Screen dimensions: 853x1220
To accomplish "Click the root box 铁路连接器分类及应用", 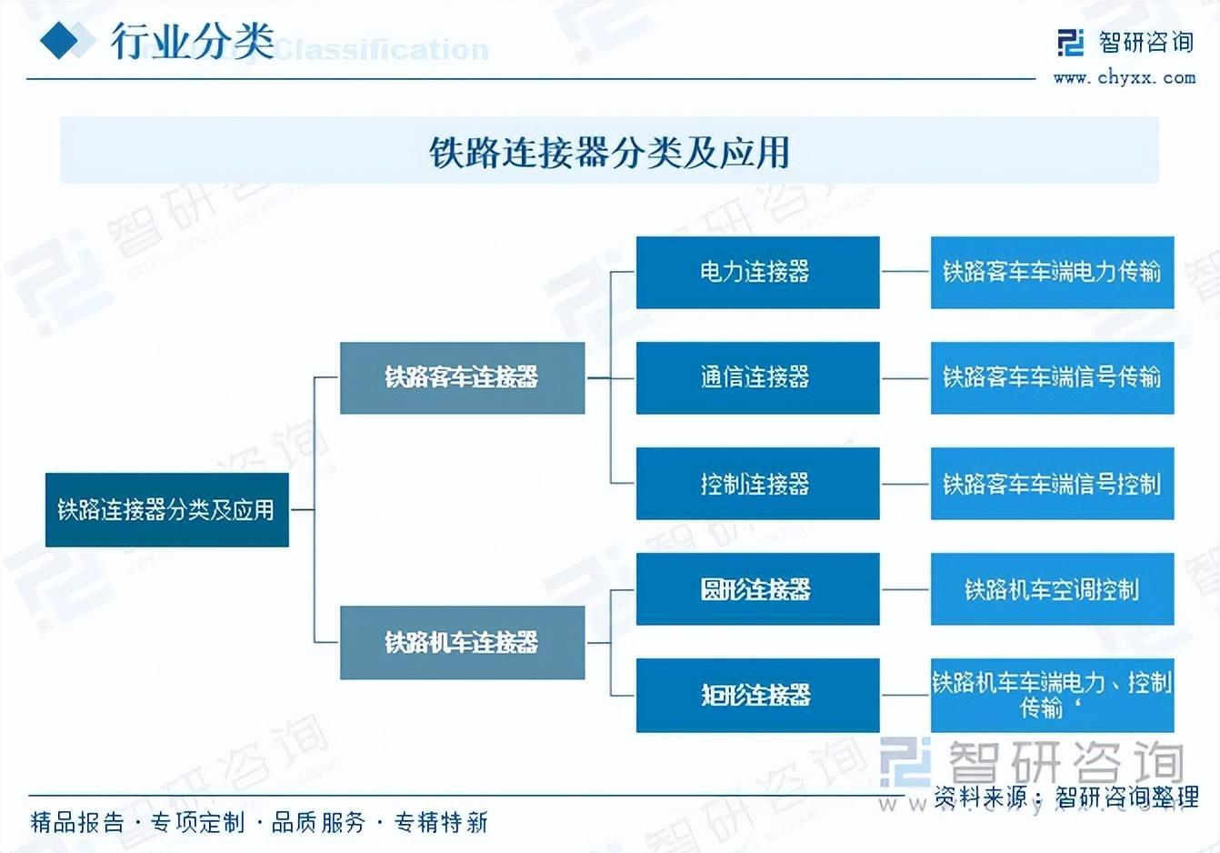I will pyautogui.click(x=166, y=509).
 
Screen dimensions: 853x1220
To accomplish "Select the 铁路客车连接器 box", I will pyautogui.click(x=462, y=377).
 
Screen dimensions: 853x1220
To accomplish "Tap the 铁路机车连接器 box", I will pyautogui.click(x=462, y=642).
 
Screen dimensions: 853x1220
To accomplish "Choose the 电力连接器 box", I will pyautogui.click(x=757, y=272).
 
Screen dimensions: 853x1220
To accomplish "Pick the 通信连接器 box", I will pyautogui.click(x=757, y=377).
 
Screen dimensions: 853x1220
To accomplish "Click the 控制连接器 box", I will pyautogui.click(x=757, y=483).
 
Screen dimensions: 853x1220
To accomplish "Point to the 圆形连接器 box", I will pyautogui.click(x=757, y=589).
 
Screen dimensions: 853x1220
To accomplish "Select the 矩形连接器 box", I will pyautogui.click(x=757, y=695).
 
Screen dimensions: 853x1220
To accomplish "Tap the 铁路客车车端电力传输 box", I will pyautogui.click(x=1052, y=272).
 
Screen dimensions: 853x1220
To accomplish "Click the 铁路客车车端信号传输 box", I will pyautogui.click(x=1052, y=377).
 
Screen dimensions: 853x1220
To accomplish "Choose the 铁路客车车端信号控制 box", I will pyautogui.click(x=1052, y=483).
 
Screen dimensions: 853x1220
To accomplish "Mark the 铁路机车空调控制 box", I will pyautogui.click(x=1052, y=589).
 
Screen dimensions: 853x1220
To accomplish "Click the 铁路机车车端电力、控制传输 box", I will pyautogui.click(x=1052, y=695).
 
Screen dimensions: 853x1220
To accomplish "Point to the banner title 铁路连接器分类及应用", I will pyautogui.click(x=609, y=152).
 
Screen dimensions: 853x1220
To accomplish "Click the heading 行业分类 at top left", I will pyautogui.click(x=193, y=41).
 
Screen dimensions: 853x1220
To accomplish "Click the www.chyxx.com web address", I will pyautogui.click(x=1125, y=78).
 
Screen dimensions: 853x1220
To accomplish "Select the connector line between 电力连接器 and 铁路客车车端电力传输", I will pyautogui.click(x=905, y=272).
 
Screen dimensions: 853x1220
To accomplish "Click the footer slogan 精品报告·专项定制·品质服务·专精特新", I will pyautogui.click(x=259, y=823).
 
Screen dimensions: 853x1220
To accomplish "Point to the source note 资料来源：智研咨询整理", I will pyautogui.click(x=1066, y=798).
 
